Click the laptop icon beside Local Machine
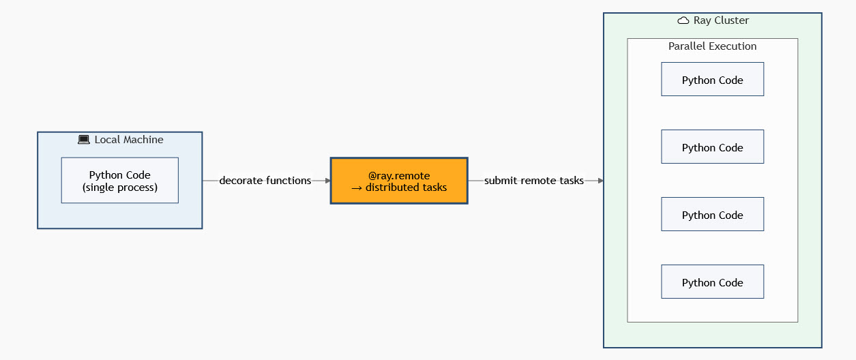pos(84,140)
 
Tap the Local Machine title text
pos(129,140)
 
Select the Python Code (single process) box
pos(119,181)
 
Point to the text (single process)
pos(120,187)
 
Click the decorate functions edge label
pos(265,181)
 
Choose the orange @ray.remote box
pos(399,181)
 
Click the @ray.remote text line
pos(399,175)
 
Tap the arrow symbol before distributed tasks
pos(356,187)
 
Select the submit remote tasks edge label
pos(534,181)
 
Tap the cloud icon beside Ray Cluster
pos(683,20)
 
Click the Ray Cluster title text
pos(721,20)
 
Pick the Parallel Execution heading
pos(712,46)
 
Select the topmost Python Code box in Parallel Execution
pos(712,80)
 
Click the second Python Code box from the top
pos(712,147)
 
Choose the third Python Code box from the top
pos(712,215)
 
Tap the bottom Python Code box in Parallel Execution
pos(712,282)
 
